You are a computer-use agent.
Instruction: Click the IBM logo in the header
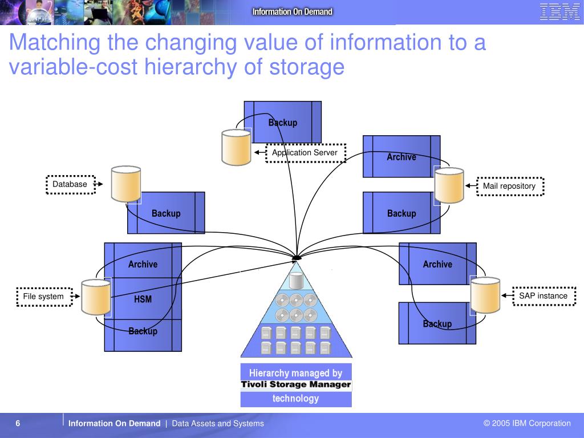coord(559,12)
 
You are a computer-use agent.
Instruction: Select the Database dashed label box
coord(70,184)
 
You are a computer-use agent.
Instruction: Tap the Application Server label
coord(305,153)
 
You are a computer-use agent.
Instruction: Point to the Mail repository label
coord(509,186)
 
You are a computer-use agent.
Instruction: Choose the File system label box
coord(44,297)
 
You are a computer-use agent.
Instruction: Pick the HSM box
coord(143,299)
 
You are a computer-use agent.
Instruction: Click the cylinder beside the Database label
coord(126,184)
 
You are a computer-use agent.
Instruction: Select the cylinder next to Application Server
coord(236,147)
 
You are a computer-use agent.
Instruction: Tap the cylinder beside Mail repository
coord(449,185)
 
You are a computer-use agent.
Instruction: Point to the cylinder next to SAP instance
coord(485,295)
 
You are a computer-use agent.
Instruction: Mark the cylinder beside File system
coord(96,297)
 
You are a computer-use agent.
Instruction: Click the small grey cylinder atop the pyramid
coord(296,281)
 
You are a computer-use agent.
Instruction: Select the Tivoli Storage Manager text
coord(296,384)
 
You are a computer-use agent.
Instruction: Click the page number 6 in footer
coord(18,423)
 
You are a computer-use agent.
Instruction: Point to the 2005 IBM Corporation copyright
coord(527,423)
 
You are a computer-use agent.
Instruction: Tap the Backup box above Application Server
coord(283,122)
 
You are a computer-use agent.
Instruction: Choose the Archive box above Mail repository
coord(401,156)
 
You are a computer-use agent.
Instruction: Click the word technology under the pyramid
coord(296,398)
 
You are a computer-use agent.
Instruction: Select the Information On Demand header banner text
coord(293,11)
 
